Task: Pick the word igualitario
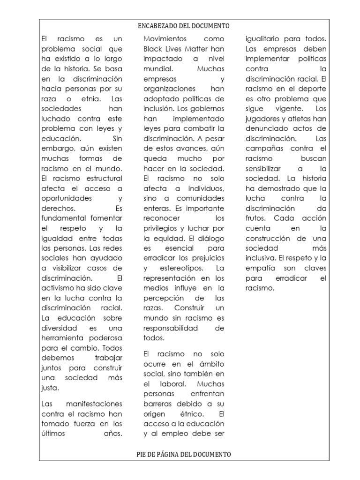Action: (x=264, y=38)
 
